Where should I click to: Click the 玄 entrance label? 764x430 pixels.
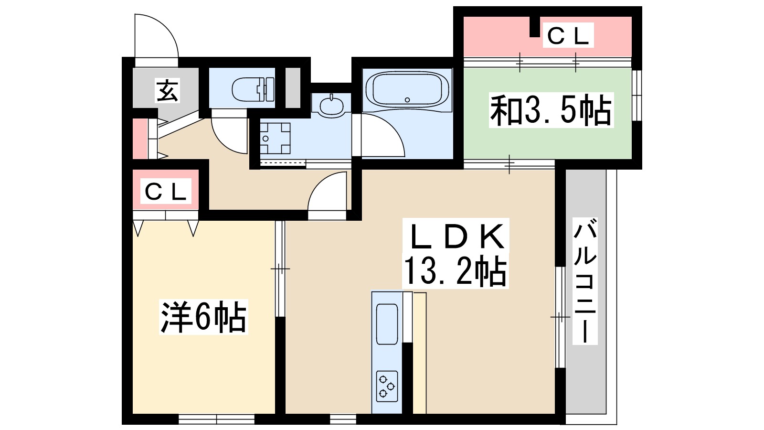point(168,90)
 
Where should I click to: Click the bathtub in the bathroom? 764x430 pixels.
point(407,89)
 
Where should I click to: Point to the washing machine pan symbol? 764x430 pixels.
point(275,138)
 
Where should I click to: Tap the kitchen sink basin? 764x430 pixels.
point(387,324)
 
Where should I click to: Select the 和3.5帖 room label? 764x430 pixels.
point(551,111)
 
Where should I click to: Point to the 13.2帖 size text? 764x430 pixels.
point(455,271)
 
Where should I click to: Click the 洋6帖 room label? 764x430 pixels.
point(203,317)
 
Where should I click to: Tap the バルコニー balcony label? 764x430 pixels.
point(585,282)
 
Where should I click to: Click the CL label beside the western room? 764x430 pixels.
point(165,192)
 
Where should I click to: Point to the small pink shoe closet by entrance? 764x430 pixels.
point(139,139)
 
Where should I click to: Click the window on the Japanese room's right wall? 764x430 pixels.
point(637,96)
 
